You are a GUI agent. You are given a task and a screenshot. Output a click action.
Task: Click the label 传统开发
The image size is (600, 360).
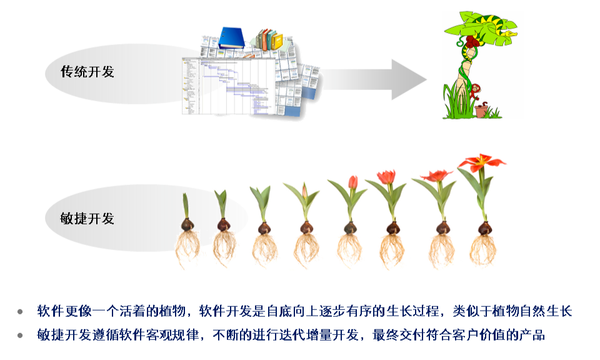point(87,72)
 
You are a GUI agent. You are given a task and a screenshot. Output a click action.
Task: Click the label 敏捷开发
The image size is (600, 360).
point(87,219)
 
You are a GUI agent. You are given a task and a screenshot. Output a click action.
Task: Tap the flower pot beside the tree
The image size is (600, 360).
point(480,111)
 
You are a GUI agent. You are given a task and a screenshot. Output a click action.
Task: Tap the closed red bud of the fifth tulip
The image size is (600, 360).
point(352,182)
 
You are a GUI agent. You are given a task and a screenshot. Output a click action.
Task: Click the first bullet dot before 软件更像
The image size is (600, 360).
point(21,311)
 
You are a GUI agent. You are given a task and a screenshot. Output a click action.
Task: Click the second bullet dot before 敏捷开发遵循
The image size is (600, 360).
point(21,336)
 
